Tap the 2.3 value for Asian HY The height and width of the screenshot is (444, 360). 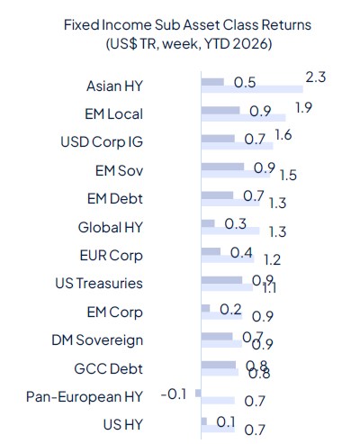coord(316,78)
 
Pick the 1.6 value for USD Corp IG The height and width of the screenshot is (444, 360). coord(283,136)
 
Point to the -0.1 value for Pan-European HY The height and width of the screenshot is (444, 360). coord(173,394)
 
